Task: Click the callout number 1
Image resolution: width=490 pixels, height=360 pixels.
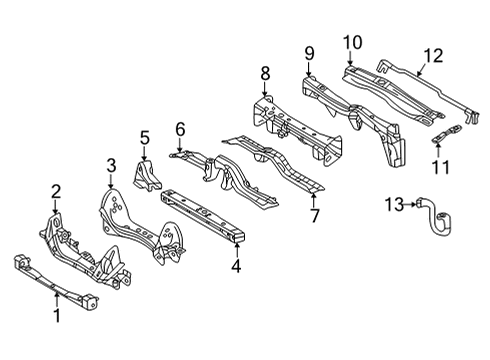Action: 56,318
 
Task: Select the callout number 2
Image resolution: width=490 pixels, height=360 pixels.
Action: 56,190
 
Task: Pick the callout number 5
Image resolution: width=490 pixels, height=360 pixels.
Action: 144,137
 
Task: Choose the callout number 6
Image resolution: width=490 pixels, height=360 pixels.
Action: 180,128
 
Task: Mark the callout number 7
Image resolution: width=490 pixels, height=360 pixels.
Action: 314,216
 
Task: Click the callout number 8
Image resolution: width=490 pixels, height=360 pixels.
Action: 265,72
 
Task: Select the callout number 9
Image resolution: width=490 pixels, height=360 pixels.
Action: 309,52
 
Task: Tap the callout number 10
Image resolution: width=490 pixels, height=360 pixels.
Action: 351,41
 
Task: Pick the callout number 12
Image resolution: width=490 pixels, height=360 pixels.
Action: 432,56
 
